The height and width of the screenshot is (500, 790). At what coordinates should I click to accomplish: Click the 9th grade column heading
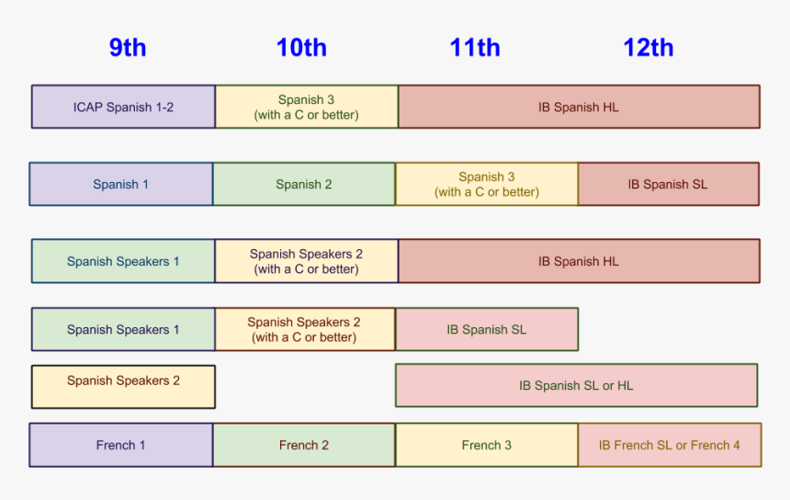pos(128,48)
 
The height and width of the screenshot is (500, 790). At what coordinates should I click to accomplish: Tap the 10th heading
pos(301,48)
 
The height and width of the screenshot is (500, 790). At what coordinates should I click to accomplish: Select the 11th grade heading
pos(475,48)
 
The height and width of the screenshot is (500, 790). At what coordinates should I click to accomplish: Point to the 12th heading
pos(649,48)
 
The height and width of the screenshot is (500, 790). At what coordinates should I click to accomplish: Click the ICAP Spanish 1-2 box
pos(123,107)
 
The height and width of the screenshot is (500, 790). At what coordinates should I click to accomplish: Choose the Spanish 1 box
pos(120,184)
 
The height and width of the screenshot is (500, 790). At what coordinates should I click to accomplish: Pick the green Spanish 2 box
pos(304,184)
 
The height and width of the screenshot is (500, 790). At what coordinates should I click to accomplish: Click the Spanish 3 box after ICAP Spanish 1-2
pos(306,107)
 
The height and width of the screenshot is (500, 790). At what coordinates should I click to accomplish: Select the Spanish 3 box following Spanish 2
pos(487,184)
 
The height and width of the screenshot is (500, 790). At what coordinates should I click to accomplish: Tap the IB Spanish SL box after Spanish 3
pos(668,184)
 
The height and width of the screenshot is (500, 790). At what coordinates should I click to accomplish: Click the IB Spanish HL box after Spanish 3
pos(579,107)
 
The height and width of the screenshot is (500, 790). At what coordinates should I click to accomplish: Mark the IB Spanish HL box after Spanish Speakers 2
pos(579,261)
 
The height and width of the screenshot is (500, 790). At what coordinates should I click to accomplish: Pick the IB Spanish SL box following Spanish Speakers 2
pos(487,329)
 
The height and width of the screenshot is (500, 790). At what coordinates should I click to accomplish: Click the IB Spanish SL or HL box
pos(576,385)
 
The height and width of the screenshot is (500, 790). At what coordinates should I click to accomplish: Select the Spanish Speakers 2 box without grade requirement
pos(123,386)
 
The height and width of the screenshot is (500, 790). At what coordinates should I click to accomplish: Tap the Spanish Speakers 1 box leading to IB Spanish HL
pos(123,261)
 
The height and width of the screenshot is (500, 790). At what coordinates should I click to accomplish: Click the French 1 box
pos(120,445)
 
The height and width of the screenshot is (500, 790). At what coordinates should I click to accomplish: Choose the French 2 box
pos(304,445)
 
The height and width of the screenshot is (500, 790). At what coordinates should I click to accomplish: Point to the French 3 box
pos(487,445)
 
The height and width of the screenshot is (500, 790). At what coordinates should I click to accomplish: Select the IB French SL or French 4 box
pos(670,445)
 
